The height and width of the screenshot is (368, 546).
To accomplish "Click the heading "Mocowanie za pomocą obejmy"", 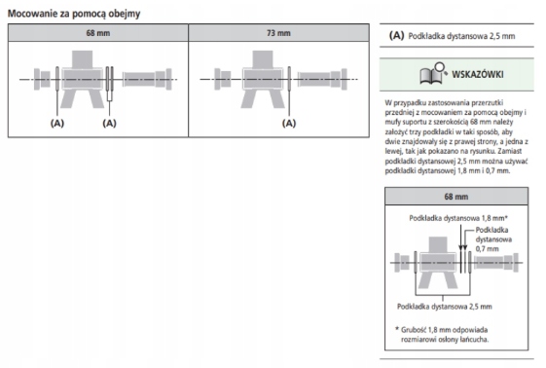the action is point(74,14).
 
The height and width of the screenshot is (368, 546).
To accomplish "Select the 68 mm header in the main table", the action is point(98,33).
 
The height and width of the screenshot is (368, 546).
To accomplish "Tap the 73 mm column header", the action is point(278,33).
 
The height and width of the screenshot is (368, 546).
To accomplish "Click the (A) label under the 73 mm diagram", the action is point(289,124).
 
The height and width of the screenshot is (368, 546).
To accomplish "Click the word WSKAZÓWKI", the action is point(478,74).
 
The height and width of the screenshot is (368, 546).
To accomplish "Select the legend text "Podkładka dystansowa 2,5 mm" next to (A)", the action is point(461,36).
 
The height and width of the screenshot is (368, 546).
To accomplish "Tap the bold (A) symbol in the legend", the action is point(397,35).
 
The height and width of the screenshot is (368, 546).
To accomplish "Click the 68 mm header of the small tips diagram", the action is point(456,197).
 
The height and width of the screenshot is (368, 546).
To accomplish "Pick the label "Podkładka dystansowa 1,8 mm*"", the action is point(458,218).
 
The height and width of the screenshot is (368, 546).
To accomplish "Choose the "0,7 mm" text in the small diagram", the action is point(488,249).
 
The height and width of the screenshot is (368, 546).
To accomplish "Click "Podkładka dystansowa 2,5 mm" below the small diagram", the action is point(445,307).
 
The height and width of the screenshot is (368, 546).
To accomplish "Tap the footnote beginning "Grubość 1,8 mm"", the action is point(442,335).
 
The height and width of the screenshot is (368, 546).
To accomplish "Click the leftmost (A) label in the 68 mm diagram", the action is point(57,124).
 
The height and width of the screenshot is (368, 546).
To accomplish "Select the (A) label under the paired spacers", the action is point(109,124).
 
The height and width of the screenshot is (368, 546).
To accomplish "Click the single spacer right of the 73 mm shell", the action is point(289,79).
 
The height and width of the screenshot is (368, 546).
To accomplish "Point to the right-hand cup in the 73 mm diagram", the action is point(323,80).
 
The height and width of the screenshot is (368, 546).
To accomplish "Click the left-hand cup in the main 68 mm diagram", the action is point(42,80).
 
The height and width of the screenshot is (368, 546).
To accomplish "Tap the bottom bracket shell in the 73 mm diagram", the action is point(263,79).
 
